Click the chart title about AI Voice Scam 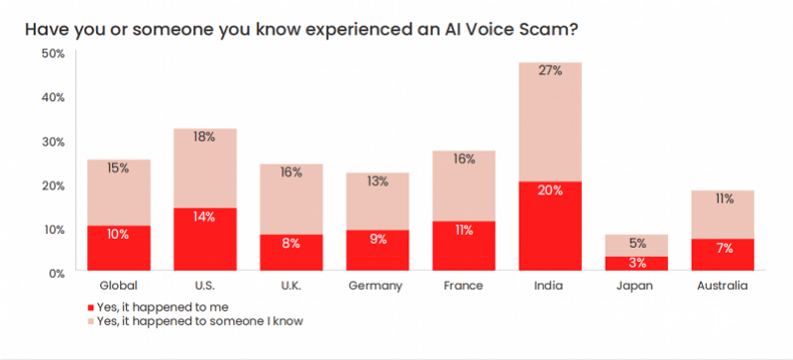pyautogui.click(x=301, y=30)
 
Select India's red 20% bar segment pyautogui.click(x=550, y=226)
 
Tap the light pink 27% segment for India pyautogui.click(x=550, y=122)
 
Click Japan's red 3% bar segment pyautogui.click(x=636, y=263)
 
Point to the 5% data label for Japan pyautogui.click(x=637, y=244)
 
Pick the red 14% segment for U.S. pyautogui.click(x=205, y=239)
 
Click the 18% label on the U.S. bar pyautogui.click(x=205, y=137)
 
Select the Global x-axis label pyautogui.click(x=119, y=286)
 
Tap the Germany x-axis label pyautogui.click(x=376, y=286)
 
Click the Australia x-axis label pyautogui.click(x=723, y=286)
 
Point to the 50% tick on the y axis pyautogui.click(x=54, y=54)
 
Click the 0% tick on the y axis pyautogui.click(x=56, y=274)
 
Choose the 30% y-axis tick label pyautogui.click(x=54, y=141)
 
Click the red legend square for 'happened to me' pyautogui.click(x=91, y=307)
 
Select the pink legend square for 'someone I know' pyautogui.click(x=91, y=321)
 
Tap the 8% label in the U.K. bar pyautogui.click(x=291, y=243)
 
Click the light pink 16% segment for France pyautogui.click(x=464, y=185)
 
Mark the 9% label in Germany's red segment pyautogui.click(x=378, y=239)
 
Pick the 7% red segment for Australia pyautogui.click(x=723, y=255)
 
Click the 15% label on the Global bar pyautogui.click(x=118, y=169)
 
